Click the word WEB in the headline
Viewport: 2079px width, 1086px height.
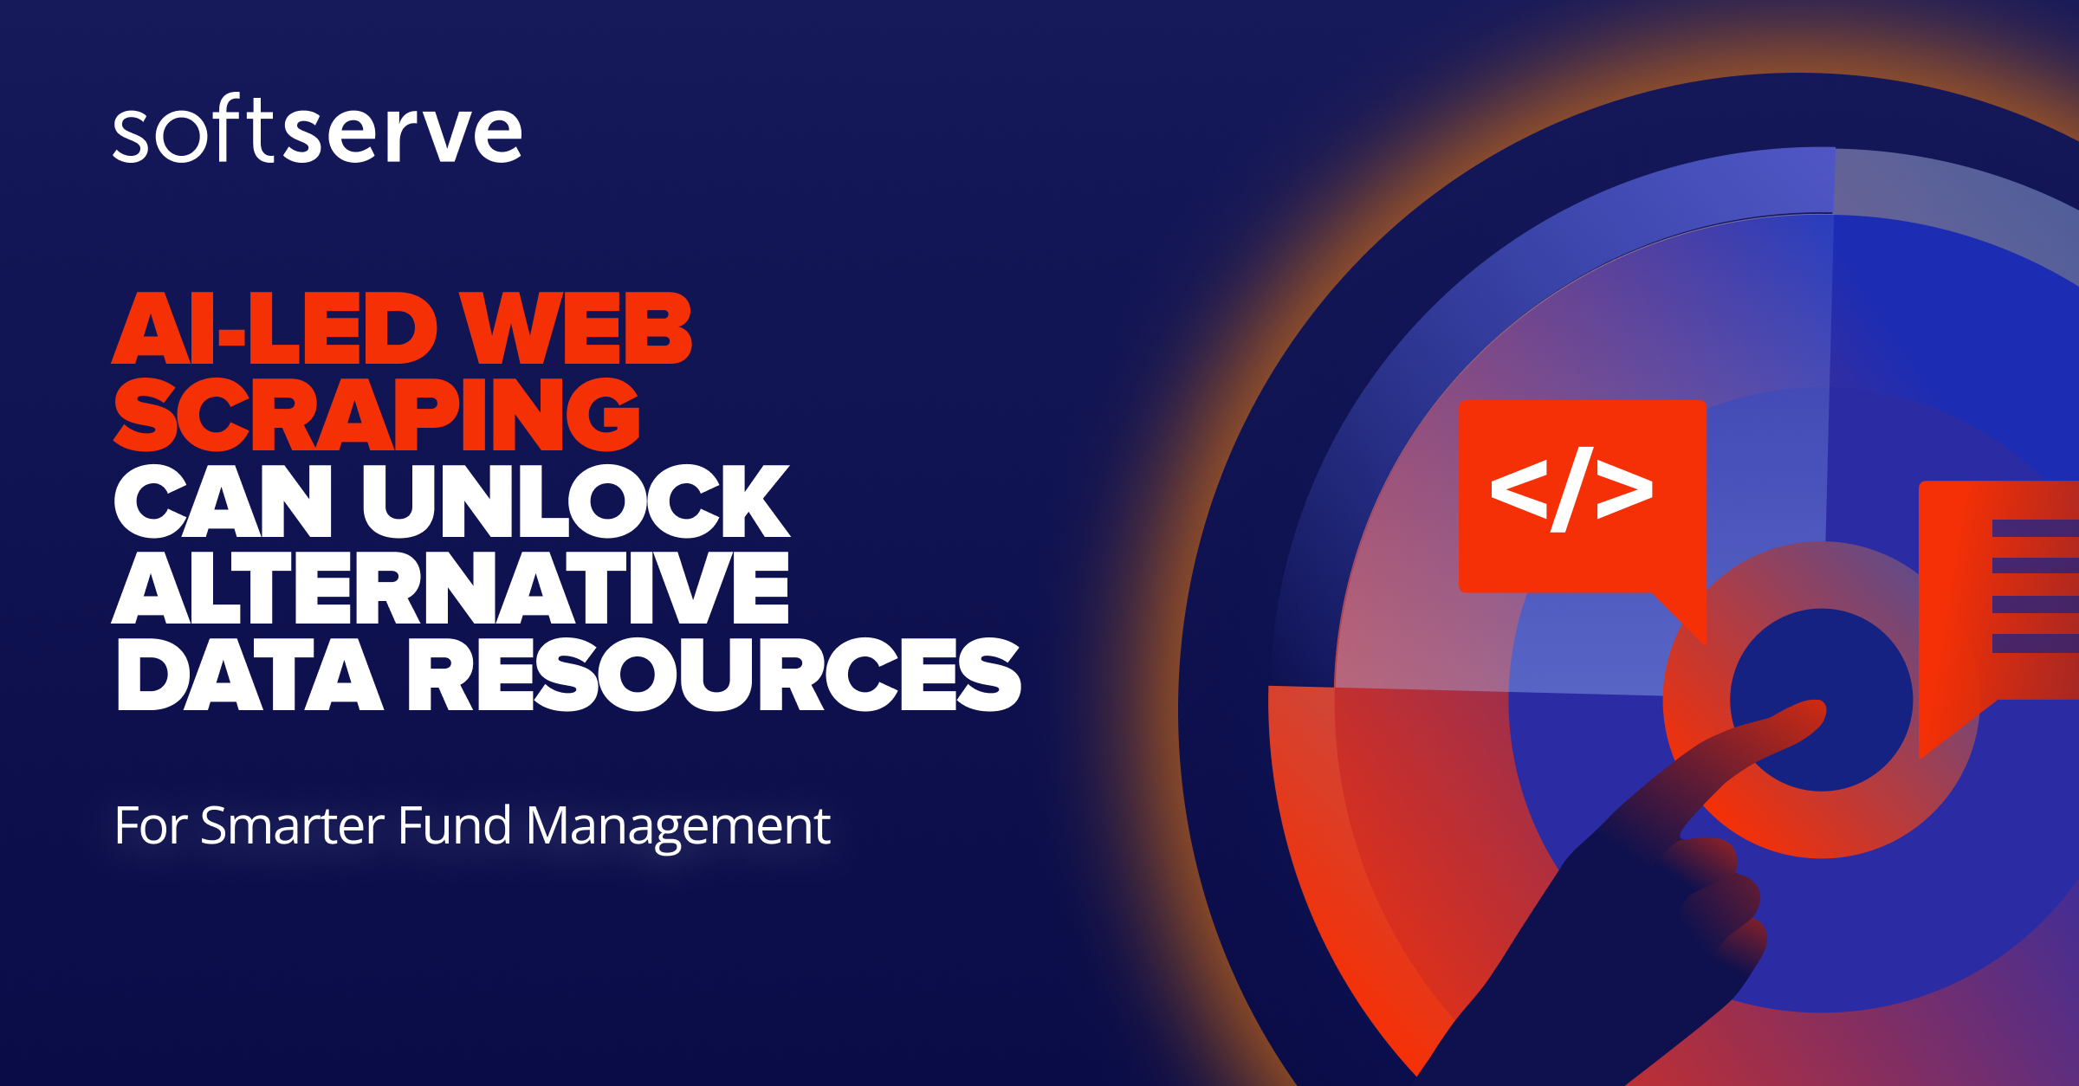pos(575,328)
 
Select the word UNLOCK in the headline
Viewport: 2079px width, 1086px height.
pos(576,501)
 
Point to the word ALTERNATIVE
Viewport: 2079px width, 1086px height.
pos(450,588)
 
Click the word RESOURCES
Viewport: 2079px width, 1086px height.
pos(715,675)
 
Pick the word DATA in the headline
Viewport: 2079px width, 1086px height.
pos(249,675)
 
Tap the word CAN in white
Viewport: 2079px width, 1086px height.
pos(223,501)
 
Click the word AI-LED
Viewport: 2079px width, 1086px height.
pos(275,328)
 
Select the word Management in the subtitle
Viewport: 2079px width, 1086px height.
pos(678,825)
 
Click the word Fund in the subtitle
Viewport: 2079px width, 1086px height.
pos(454,825)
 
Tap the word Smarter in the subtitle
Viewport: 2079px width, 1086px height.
pos(292,825)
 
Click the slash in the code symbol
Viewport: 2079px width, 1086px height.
pos(1572,489)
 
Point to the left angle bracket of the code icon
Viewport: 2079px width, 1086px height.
pos(1519,489)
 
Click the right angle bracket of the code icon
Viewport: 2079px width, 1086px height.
pos(1624,489)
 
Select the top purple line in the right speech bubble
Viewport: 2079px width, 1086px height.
pos(2035,528)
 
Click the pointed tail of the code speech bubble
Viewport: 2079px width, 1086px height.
pos(1694,628)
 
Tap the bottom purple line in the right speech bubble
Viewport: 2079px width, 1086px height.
pos(2035,643)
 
